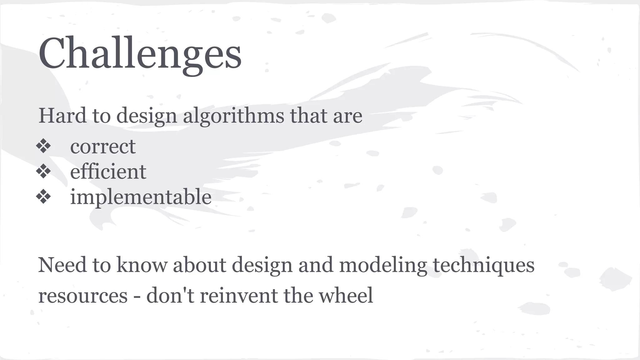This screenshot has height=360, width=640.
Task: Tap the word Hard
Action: click(x=62, y=115)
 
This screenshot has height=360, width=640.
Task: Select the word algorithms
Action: click(x=233, y=116)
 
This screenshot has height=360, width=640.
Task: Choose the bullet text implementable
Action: click(x=141, y=197)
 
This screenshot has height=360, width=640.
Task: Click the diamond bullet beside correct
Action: click(x=43, y=146)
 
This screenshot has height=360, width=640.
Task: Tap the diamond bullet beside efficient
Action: click(x=43, y=171)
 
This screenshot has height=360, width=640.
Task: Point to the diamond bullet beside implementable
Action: click(x=43, y=197)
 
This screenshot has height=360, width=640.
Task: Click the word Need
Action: click(x=62, y=265)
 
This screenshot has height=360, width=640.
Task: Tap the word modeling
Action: click(x=383, y=265)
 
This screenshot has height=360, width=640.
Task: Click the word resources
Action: click(x=83, y=295)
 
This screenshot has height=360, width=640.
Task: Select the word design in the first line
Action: click(x=147, y=116)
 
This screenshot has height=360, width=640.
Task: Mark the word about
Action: click(x=199, y=265)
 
